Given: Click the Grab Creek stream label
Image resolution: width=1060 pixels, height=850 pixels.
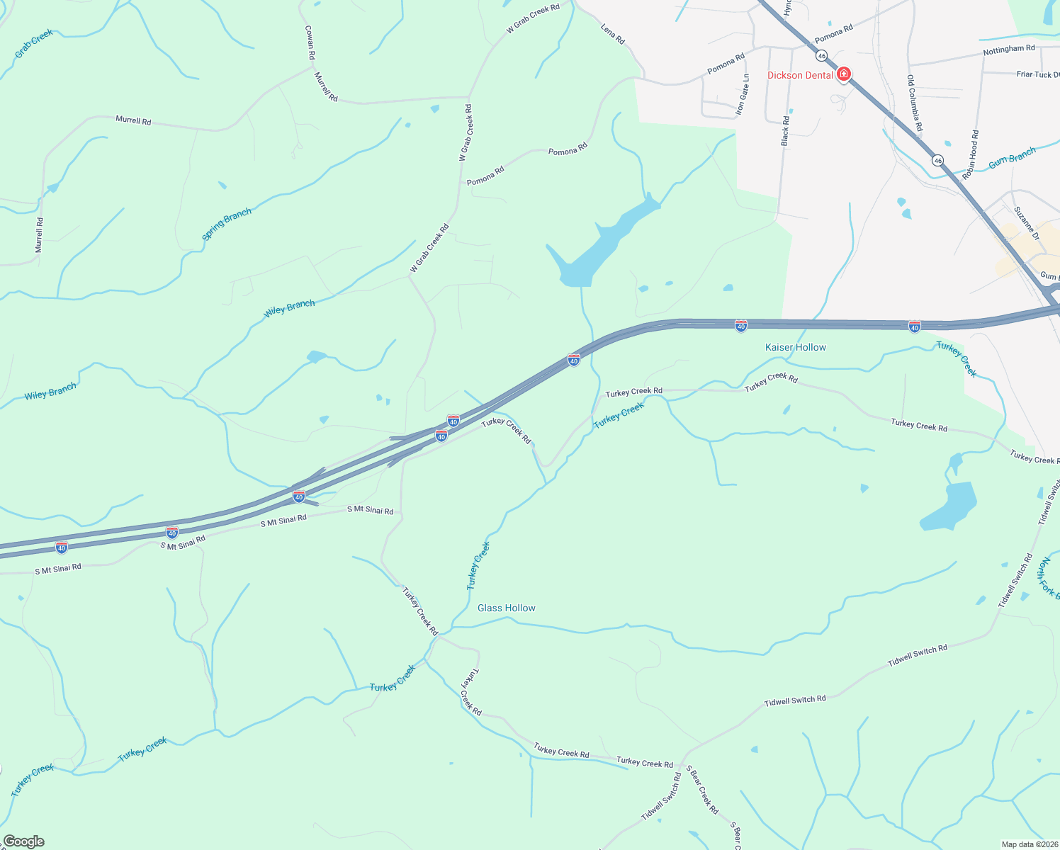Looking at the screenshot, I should [x=34, y=43].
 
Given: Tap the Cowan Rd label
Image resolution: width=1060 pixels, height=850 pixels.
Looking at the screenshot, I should [x=310, y=47].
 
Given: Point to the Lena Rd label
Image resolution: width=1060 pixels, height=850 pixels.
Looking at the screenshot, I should [x=613, y=34].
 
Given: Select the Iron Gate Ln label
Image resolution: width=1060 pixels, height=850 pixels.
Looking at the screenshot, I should [x=742, y=95].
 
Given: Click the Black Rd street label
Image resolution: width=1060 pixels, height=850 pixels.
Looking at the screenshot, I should [x=785, y=131].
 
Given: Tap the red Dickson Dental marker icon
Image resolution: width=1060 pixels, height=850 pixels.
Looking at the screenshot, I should [x=843, y=74].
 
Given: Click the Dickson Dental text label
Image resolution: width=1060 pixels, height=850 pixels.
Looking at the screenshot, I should [x=800, y=75].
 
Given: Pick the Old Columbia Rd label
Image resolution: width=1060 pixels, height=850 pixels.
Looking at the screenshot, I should [x=915, y=103].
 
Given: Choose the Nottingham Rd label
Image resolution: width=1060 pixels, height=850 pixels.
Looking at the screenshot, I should [x=1008, y=50].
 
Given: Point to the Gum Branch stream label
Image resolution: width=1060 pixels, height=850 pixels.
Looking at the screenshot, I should [x=1012, y=157].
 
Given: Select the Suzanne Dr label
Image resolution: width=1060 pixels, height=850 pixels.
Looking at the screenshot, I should [x=1026, y=223].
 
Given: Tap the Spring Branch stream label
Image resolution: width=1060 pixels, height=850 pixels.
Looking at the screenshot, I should [x=227, y=224].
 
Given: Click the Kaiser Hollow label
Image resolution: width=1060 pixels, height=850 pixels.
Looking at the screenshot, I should [x=796, y=347].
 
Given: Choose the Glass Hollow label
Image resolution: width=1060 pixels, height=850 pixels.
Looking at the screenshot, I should [x=507, y=608].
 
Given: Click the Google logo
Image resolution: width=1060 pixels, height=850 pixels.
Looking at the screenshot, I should [x=24, y=841].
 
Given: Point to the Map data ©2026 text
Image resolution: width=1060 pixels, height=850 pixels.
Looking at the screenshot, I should [x=1029, y=844].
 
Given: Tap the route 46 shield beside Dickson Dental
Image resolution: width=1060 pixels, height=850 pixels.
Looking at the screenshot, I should [x=821, y=55].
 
